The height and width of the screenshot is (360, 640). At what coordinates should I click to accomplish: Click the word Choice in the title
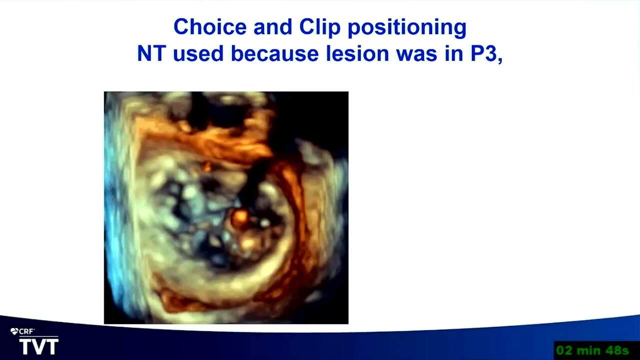pyautogui.click(x=210, y=26)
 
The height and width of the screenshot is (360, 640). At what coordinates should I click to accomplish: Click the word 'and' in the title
pyautogui.click(x=273, y=26)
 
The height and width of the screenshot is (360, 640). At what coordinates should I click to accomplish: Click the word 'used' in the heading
pyautogui.click(x=198, y=53)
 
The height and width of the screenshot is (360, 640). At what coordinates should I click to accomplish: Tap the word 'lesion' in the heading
pyautogui.click(x=357, y=53)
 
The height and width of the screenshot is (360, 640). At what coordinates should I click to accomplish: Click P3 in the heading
pyautogui.click(x=483, y=53)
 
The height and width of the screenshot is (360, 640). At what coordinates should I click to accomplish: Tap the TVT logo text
pyautogui.click(x=39, y=346)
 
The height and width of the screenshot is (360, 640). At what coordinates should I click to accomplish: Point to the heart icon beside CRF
pyautogui.click(x=14, y=331)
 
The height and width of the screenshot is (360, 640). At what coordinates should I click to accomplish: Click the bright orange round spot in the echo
pyautogui.click(x=239, y=219)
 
